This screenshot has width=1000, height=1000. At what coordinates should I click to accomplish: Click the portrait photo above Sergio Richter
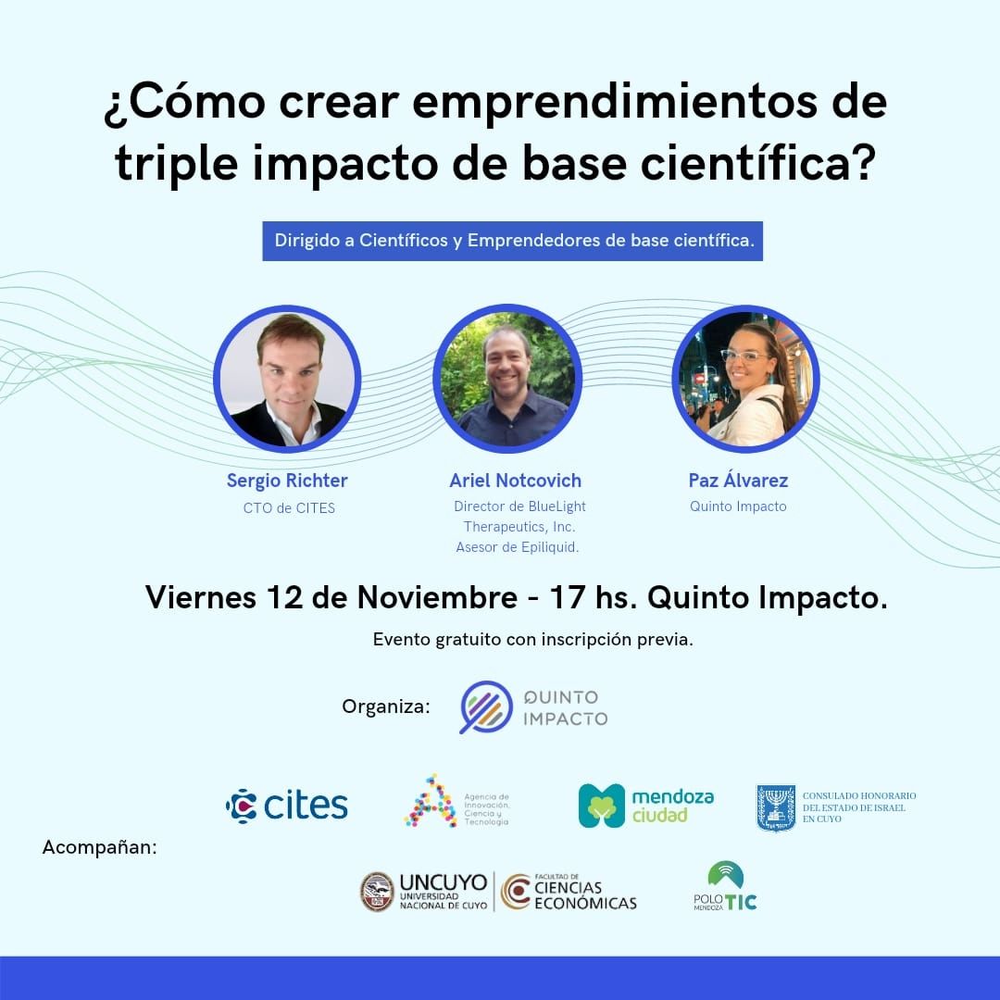tap(287, 379)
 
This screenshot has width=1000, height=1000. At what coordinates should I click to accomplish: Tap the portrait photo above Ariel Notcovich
tap(507, 379)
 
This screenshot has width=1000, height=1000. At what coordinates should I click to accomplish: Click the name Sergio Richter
tap(287, 481)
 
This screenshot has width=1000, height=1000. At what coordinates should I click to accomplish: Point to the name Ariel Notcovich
tap(516, 481)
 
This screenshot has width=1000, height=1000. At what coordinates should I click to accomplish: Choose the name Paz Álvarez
tap(738, 481)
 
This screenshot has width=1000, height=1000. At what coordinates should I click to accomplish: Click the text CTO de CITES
tap(289, 507)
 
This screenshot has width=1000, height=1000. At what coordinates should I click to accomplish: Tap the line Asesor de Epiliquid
tap(518, 547)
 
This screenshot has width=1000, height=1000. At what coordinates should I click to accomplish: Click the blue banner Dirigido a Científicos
tap(513, 241)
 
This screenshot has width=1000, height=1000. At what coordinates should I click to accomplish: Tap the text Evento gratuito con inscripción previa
tap(532, 640)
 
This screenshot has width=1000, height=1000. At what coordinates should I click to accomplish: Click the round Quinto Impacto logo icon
tap(486, 707)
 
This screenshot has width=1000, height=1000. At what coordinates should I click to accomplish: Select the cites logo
tap(287, 805)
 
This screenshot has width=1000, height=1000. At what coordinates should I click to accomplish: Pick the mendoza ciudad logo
tap(646, 805)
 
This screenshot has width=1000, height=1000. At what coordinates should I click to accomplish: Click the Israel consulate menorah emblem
tap(776, 807)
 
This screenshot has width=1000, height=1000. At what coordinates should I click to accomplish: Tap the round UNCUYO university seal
tap(377, 892)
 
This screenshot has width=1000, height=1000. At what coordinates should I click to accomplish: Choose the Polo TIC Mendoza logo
tap(725, 887)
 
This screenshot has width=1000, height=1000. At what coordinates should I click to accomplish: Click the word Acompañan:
tap(100, 846)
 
